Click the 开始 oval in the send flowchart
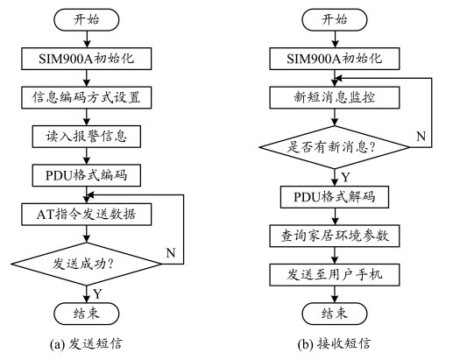click(87, 19)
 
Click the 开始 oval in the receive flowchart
click(335, 19)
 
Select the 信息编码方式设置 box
click(87, 97)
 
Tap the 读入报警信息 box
click(87, 137)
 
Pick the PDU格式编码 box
click(87, 175)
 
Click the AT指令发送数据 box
click(87, 215)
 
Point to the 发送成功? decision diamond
click(87, 264)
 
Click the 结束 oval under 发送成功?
click(87, 314)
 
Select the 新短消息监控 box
click(335, 97)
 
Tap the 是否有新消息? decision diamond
click(335, 147)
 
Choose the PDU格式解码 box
click(335, 197)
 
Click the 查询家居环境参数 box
click(335, 236)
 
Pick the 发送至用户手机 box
click(335, 275)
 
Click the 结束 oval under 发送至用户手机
click(335, 314)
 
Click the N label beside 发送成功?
click(171, 253)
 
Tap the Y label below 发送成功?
click(97, 293)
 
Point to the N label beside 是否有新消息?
click(421, 136)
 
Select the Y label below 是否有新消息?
click(346, 177)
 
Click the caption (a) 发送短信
click(86, 344)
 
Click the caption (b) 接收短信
click(334, 344)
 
